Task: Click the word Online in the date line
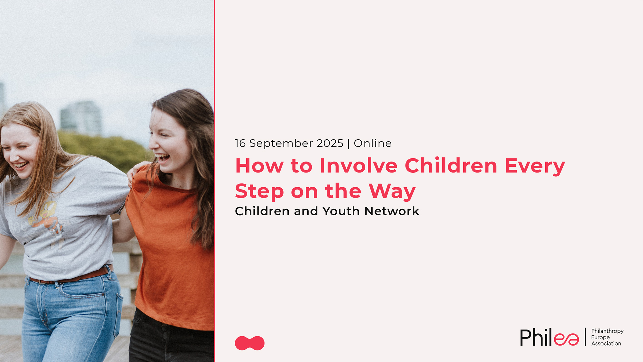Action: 373,143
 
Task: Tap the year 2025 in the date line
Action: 330,143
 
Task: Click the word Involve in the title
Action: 358,166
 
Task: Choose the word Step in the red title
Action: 259,191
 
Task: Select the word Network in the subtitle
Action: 392,211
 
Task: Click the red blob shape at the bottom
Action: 250,343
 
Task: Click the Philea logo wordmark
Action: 549,337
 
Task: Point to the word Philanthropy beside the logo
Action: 607,331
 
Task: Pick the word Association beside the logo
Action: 606,343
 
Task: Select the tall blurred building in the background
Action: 81,117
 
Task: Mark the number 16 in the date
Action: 240,143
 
